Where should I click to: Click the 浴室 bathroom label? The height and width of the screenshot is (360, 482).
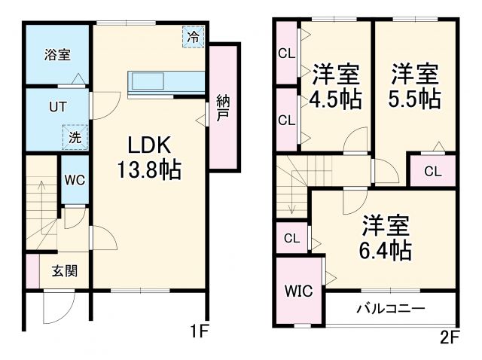pyautogui.click(x=56, y=54)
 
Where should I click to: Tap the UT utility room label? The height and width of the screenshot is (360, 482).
pyautogui.click(x=57, y=107)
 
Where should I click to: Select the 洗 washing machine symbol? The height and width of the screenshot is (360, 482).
pyautogui.click(x=75, y=137)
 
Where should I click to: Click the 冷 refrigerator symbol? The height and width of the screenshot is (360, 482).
pyautogui.click(x=194, y=35)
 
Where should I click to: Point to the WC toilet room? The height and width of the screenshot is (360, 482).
pyautogui.click(x=73, y=180)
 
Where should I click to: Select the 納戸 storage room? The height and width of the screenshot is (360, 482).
pyautogui.click(x=223, y=107)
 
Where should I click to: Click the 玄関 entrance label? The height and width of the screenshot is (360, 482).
pyautogui.click(x=64, y=272)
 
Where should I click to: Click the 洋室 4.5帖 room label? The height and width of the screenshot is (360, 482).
pyautogui.click(x=336, y=87)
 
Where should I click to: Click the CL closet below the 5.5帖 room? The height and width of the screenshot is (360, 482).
pyautogui.click(x=432, y=171)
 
